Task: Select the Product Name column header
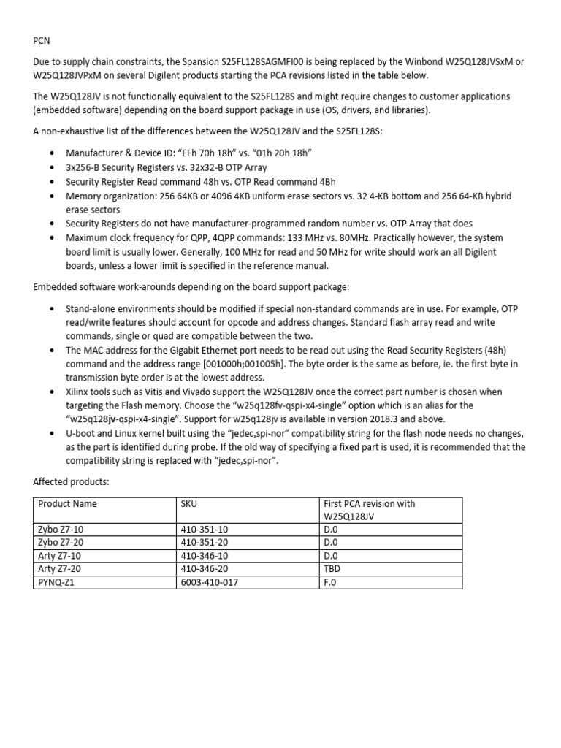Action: click(x=67, y=503)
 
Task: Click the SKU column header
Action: click(x=188, y=503)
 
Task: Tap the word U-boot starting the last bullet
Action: click(x=81, y=433)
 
